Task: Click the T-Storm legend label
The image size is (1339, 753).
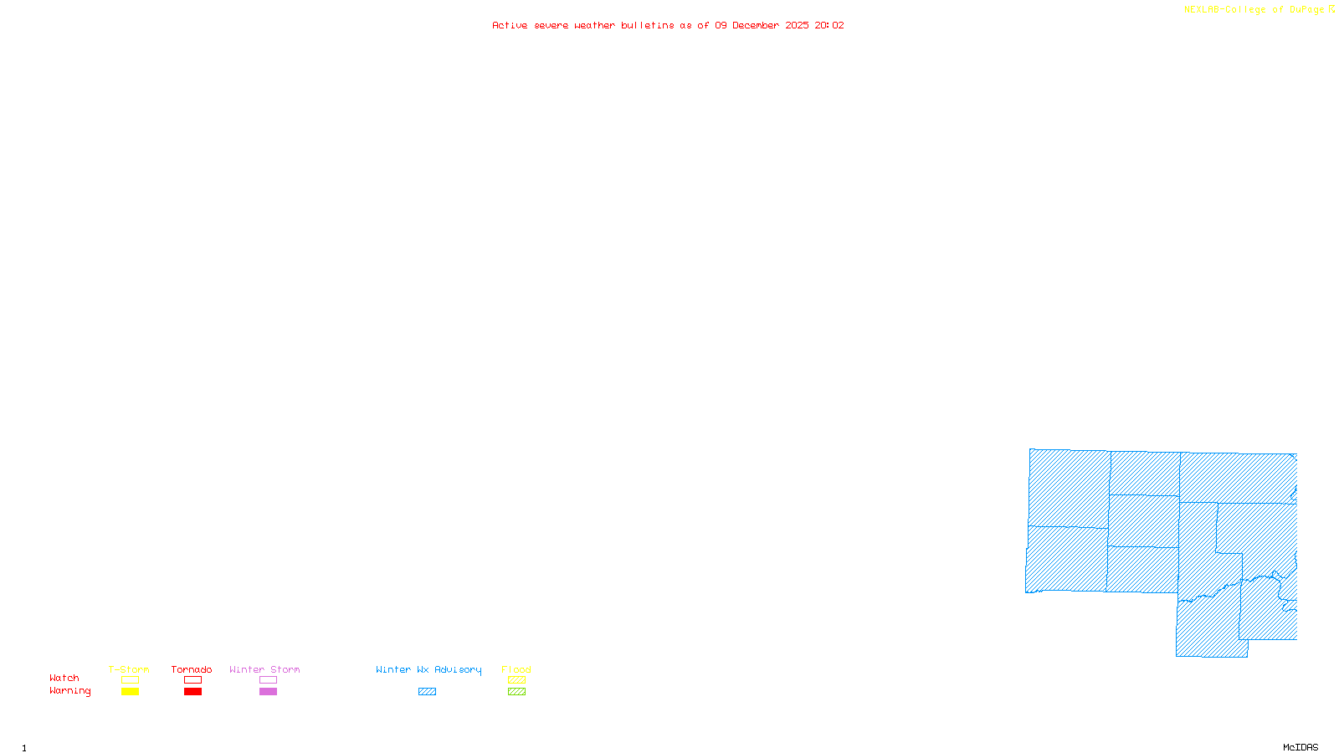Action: [129, 669]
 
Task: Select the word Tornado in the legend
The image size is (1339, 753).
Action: [192, 669]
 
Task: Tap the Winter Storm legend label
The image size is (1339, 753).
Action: [264, 669]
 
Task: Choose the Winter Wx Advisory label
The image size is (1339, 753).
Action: [428, 669]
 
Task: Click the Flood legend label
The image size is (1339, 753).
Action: [516, 669]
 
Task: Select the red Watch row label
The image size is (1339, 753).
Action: [64, 678]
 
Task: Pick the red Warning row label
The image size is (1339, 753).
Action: [70, 691]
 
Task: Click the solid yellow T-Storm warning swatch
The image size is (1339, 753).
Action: [130, 692]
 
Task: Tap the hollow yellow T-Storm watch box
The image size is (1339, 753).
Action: [130, 680]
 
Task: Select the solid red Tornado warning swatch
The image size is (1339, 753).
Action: [193, 692]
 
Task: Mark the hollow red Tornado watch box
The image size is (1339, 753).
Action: [193, 680]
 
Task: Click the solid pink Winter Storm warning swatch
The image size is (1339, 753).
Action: [268, 692]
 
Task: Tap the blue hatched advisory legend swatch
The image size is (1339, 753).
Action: [427, 692]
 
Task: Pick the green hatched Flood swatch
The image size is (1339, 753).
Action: [516, 692]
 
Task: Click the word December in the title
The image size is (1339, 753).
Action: [755, 25]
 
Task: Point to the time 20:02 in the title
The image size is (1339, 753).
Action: [829, 25]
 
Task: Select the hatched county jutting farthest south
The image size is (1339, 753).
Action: [1209, 627]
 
